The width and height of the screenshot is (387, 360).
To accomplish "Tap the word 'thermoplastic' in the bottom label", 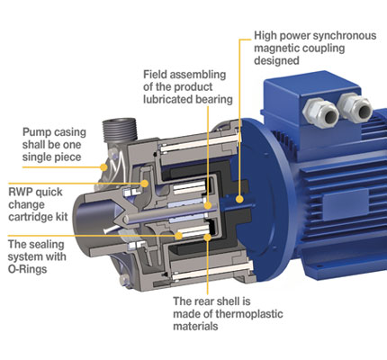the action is (249, 314).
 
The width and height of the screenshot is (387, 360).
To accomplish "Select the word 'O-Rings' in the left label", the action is (27, 269).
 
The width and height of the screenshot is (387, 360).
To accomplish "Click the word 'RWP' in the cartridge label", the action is (21, 192).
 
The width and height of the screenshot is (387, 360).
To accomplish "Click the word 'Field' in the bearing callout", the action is (155, 74).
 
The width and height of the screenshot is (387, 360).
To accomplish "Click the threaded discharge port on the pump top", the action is (120, 129).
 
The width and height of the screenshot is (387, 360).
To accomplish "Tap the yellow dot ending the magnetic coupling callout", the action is (239, 199).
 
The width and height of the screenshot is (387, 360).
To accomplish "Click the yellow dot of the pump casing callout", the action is (103, 167).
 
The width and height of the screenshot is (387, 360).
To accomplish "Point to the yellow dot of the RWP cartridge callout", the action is (145, 184).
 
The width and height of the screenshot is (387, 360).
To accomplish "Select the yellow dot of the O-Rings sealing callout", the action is (179, 236).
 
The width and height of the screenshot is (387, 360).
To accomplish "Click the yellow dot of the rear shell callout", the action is (207, 238).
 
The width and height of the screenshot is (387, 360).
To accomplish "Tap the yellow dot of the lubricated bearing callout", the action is (208, 206).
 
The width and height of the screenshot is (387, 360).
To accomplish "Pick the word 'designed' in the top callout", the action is (276, 60).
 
